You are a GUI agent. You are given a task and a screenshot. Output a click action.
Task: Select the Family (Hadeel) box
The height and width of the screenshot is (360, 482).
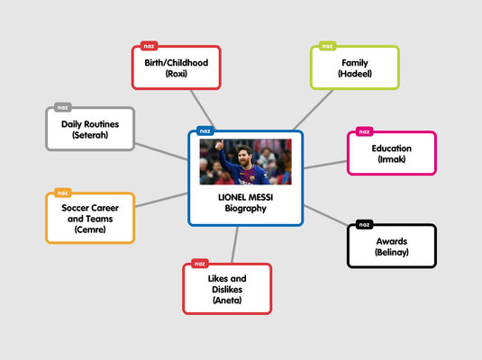point(355,67)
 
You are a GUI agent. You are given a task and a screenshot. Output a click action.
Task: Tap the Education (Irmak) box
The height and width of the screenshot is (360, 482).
point(392,153)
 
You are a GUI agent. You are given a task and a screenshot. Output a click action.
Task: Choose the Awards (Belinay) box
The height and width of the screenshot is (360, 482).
point(392,247)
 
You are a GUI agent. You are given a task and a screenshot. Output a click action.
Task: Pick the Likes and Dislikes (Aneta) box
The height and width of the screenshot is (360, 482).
point(227,289)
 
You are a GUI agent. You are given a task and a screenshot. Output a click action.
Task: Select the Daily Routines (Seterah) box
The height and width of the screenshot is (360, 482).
point(90,129)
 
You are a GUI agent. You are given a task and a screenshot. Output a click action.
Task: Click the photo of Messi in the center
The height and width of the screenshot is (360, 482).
point(245,161)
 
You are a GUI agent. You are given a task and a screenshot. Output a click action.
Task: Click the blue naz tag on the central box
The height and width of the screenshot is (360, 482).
point(204,130)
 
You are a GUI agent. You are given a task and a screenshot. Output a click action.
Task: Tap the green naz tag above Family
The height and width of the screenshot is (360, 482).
point(327,45)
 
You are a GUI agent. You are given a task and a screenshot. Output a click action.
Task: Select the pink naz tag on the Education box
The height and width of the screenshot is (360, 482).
point(364,131)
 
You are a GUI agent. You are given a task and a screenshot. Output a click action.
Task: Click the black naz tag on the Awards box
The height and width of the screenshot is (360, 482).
point(364,224)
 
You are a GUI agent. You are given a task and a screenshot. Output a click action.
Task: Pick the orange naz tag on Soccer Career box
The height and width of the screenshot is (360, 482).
point(62,193)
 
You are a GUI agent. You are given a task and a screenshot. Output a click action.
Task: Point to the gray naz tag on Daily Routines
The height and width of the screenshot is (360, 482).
point(62,107)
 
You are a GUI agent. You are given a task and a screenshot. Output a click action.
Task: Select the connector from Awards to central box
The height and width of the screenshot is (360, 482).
point(325,217)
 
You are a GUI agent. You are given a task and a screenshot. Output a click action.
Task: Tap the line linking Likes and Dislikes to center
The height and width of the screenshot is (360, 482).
point(236,244)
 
